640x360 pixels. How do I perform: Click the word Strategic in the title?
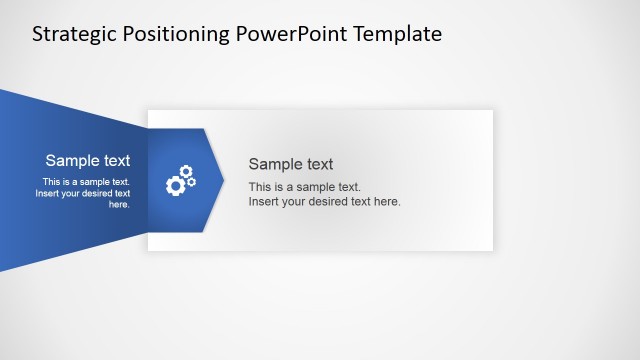coord(74,34)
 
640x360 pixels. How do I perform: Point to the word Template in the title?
coord(396,34)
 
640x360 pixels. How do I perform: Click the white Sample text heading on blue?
coord(88,160)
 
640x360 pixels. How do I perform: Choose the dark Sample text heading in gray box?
coord(291,164)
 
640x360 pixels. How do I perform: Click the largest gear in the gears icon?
coord(175,185)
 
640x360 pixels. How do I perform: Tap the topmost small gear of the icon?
coord(185,171)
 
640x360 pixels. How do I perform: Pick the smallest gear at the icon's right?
coord(192,182)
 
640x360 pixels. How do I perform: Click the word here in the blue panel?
coord(119,204)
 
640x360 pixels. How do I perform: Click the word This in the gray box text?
coord(260,187)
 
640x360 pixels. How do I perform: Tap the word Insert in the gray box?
coord(263,201)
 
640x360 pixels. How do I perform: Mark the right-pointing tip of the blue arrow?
coord(223,180)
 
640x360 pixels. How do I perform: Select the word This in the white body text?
coord(51,182)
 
